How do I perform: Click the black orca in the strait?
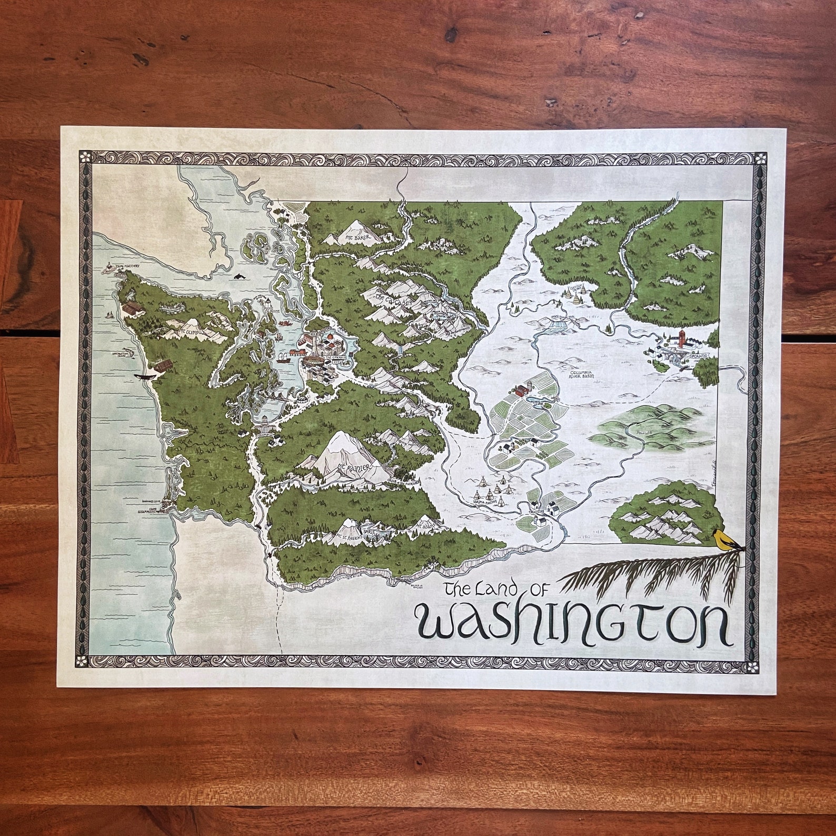point(240,275)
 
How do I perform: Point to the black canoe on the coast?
point(146,377)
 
